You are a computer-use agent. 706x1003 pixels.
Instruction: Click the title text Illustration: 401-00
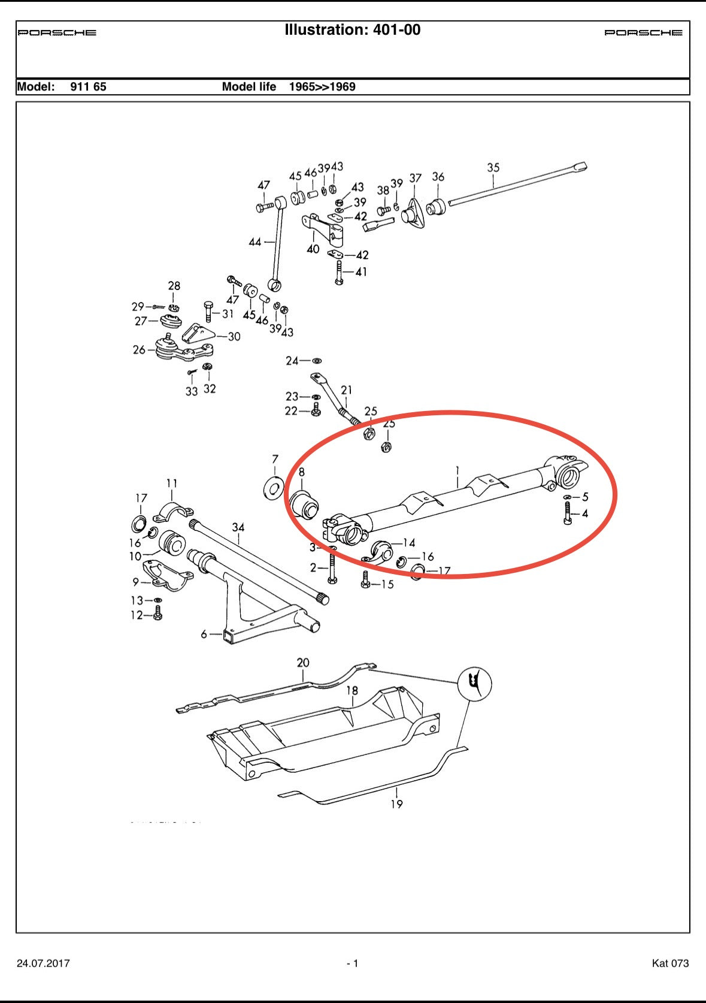[352, 30]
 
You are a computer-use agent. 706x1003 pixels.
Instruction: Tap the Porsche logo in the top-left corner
[57, 33]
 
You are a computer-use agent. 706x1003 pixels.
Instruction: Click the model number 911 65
[88, 87]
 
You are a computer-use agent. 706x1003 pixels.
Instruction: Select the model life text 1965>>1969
[322, 87]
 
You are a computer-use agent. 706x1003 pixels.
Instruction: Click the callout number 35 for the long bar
[493, 168]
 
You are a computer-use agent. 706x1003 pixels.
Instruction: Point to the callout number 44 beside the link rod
[255, 242]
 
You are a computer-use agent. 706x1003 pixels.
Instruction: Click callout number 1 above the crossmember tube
[457, 470]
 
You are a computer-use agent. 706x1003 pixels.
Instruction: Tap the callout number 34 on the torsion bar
[238, 527]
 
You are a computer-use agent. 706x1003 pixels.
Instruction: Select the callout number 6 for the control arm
[204, 634]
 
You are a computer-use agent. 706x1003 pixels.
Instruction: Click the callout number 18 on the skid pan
[352, 691]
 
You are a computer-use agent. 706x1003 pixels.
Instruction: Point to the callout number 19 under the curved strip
[396, 804]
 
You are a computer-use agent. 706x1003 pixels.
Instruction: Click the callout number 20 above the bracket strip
[303, 663]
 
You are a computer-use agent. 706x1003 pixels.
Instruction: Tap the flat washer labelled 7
[274, 487]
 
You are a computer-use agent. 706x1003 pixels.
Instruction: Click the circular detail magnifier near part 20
[474, 683]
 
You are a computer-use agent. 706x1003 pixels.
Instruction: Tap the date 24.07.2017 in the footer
[43, 963]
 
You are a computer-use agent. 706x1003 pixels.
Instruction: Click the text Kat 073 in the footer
[670, 963]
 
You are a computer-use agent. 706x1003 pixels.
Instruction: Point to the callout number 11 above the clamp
[172, 484]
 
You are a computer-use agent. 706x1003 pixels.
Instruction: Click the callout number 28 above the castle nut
[174, 286]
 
